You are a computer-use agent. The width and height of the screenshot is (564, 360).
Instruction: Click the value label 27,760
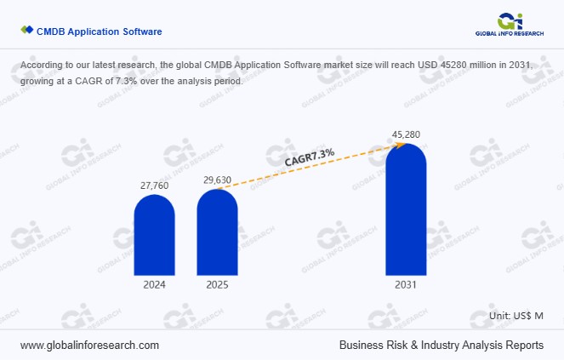pyautogui.click(x=154, y=184)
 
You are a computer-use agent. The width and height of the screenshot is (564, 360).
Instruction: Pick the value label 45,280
pyautogui.click(x=406, y=134)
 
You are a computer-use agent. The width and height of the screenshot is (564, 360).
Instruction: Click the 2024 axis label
pyautogui.click(x=154, y=285)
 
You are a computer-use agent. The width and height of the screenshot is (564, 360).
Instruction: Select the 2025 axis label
pyautogui.click(x=217, y=285)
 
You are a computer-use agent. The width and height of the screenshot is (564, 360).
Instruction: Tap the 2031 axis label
pyautogui.click(x=406, y=285)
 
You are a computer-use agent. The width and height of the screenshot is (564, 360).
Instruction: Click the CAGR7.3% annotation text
pyautogui.click(x=310, y=156)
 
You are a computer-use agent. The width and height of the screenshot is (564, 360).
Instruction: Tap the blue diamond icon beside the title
pyautogui.click(x=26, y=31)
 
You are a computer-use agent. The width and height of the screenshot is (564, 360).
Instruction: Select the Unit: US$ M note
pyautogui.click(x=516, y=316)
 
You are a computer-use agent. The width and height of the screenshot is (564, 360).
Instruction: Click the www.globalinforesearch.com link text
pyautogui.click(x=89, y=346)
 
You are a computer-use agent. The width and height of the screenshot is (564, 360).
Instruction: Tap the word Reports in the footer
pyautogui.click(x=523, y=346)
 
